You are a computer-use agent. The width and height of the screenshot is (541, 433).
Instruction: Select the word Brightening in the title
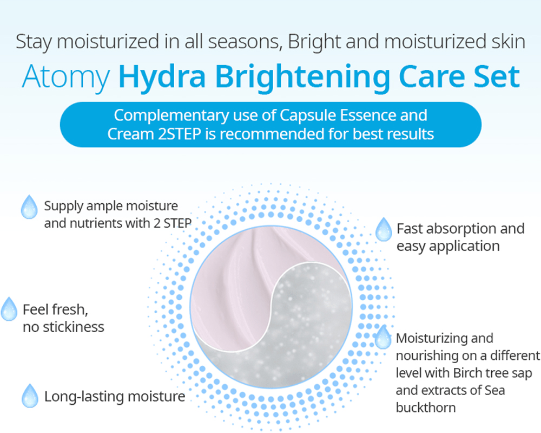302,79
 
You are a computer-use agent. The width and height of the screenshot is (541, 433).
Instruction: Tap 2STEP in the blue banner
180,134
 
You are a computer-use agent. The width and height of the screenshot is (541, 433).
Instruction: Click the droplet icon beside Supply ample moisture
29,206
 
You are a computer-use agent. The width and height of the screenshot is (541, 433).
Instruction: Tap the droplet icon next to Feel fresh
9,309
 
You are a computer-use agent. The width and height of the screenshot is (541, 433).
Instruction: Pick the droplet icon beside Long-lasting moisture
30,396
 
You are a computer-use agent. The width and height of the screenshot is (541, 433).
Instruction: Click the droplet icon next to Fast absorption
384,229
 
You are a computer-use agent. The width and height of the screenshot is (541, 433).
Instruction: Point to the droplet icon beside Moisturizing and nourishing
383,337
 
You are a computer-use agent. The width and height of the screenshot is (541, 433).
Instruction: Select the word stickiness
74,327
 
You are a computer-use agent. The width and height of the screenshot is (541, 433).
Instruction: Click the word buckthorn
426,408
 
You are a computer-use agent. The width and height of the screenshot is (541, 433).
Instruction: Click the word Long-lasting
84,397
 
